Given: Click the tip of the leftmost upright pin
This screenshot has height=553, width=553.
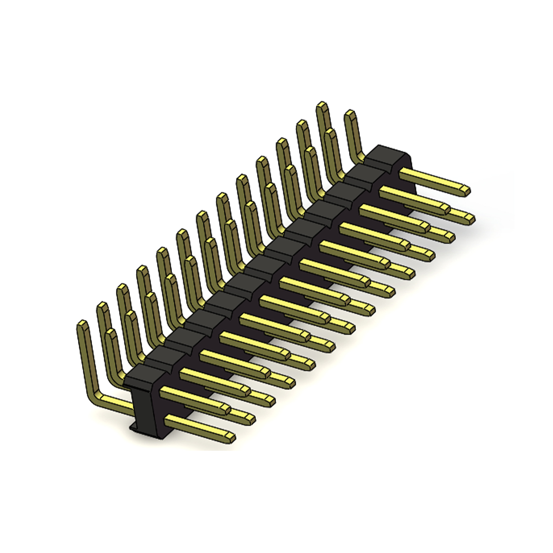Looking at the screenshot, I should click(82, 325).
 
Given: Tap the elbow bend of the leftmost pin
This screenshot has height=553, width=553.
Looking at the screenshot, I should click(94, 395).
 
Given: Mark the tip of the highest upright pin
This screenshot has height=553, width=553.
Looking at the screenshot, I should click(322, 106).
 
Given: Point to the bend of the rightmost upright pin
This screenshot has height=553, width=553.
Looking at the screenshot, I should click(360, 157).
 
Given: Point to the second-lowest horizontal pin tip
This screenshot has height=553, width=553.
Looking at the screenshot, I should click(250, 419).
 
